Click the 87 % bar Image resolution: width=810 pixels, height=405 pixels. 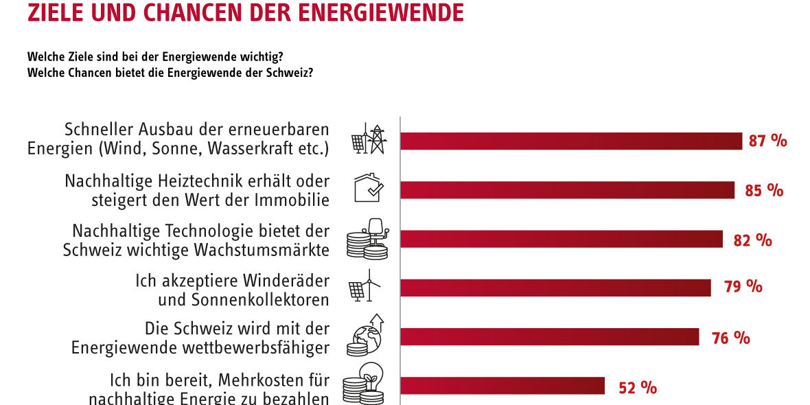[571, 141]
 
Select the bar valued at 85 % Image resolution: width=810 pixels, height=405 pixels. [567, 190]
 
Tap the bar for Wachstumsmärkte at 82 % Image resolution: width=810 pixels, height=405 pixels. [561, 239]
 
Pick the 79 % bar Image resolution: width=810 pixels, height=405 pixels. [555, 288]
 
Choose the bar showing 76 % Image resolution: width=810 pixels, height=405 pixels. [549, 336]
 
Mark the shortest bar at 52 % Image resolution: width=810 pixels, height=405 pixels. [502, 386]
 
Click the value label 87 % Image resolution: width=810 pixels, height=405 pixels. [767, 141]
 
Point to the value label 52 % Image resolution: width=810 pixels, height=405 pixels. [638, 387]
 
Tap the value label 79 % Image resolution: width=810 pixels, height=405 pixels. [743, 287]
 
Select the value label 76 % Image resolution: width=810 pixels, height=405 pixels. [731, 338]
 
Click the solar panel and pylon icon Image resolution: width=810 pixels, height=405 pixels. [369, 139]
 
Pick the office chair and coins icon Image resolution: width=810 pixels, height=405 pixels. [369, 239]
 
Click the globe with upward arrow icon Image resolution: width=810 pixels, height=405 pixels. [367, 336]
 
